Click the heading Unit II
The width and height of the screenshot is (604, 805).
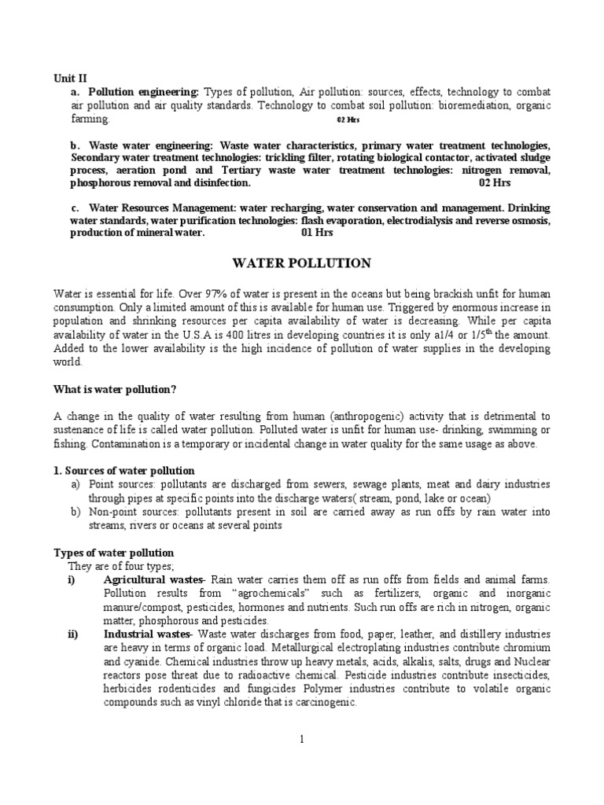70,79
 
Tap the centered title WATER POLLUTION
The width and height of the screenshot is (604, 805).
301,263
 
